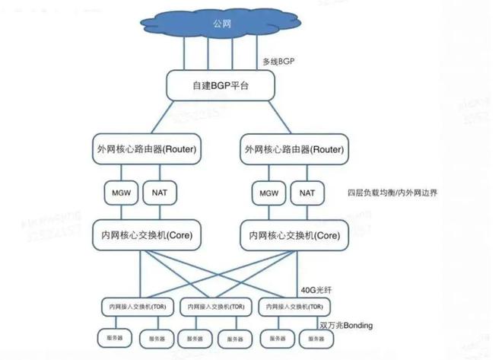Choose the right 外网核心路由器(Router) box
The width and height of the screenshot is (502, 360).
coord(295,149)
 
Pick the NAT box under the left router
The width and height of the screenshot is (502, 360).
coord(158,193)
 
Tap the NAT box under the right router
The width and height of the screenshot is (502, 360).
coord(307,193)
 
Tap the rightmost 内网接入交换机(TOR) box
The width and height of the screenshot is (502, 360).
coord(294,307)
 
